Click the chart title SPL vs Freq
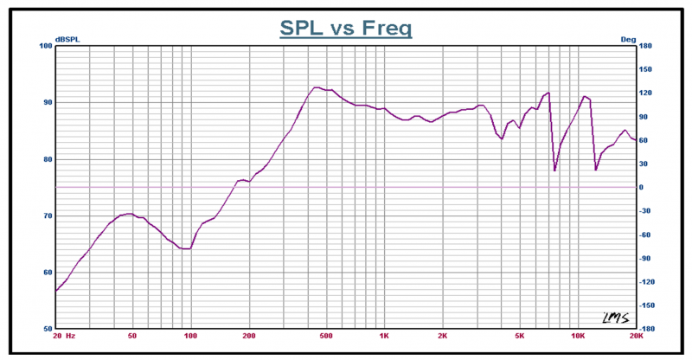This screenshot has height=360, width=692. pyautogui.click(x=345, y=28)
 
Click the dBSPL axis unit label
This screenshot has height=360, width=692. pyautogui.click(x=67, y=40)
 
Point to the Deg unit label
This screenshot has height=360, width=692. pyautogui.click(x=628, y=40)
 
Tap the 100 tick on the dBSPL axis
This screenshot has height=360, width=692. pyautogui.click(x=47, y=46)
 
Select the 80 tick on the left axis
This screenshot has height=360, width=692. pyautogui.click(x=48, y=159)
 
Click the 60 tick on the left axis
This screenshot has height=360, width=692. pyautogui.click(x=48, y=273)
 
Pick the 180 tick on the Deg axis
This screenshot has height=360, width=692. pyautogui.click(x=645, y=46)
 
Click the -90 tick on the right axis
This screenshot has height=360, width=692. pyautogui.click(x=645, y=259)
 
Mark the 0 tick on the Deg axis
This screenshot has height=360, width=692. pyautogui.click(x=641, y=187)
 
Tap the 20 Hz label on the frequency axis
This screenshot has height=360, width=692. pyautogui.click(x=64, y=336)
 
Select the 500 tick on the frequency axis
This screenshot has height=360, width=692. pyautogui.click(x=326, y=336)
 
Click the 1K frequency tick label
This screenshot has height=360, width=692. pyautogui.click(x=384, y=336)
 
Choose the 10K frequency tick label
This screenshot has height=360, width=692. pyautogui.click(x=578, y=336)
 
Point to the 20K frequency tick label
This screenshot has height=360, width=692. pyautogui.click(x=636, y=336)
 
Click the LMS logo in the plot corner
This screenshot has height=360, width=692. pyautogui.click(x=616, y=318)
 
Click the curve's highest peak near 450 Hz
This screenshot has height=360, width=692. pyautogui.click(x=315, y=87)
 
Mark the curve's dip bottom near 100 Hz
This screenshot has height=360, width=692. pyautogui.click(x=185, y=248)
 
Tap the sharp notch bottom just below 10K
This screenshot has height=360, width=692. pyautogui.click(x=554, y=170)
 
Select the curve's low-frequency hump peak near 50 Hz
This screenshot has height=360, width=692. pyautogui.click(x=129, y=214)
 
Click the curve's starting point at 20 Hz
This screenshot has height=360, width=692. pyautogui.click(x=56, y=291)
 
